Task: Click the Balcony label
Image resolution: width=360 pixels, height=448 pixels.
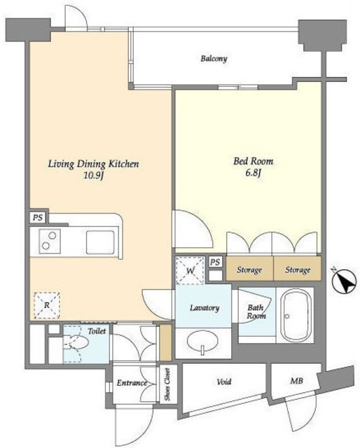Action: pyautogui.click(x=214, y=59)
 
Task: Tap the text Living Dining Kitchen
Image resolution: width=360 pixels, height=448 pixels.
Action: pyautogui.click(x=93, y=164)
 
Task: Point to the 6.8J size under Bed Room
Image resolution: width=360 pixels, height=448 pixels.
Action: pyautogui.click(x=254, y=173)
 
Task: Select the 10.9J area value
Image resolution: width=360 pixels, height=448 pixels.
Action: pyautogui.click(x=93, y=176)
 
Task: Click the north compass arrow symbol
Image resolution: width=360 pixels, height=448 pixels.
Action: pyautogui.click(x=344, y=281)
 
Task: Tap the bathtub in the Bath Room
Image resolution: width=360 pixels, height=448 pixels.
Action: pyautogui.click(x=296, y=315)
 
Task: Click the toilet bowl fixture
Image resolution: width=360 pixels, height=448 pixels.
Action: pyautogui.click(x=76, y=342)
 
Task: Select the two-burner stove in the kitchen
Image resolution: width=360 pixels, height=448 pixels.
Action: pyautogui.click(x=50, y=241)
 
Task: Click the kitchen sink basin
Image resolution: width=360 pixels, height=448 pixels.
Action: pyautogui.click(x=100, y=242)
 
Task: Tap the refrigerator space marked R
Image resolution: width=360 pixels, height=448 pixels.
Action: pyautogui.click(x=47, y=305)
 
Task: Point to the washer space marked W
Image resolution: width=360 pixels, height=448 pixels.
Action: pyautogui.click(x=190, y=270)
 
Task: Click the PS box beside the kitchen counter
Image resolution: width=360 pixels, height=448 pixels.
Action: pyautogui.click(x=38, y=218)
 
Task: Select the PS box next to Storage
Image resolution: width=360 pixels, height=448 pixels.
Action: pyautogui.click(x=215, y=262)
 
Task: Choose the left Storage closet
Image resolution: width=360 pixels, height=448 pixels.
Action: pyautogui.click(x=249, y=269)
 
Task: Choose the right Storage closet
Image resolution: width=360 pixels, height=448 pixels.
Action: pyautogui.click(x=298, y=269)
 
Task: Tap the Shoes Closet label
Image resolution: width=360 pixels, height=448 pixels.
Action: pyautogui.click(x=167, y=384)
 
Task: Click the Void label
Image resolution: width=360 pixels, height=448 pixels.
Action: pyautogui.click(x=224, y=381)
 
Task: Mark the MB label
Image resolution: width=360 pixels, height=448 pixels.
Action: pyautogui.click(x=296, y=381)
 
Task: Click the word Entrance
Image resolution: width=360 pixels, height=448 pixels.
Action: pyautogui.click(x=132, y=383)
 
